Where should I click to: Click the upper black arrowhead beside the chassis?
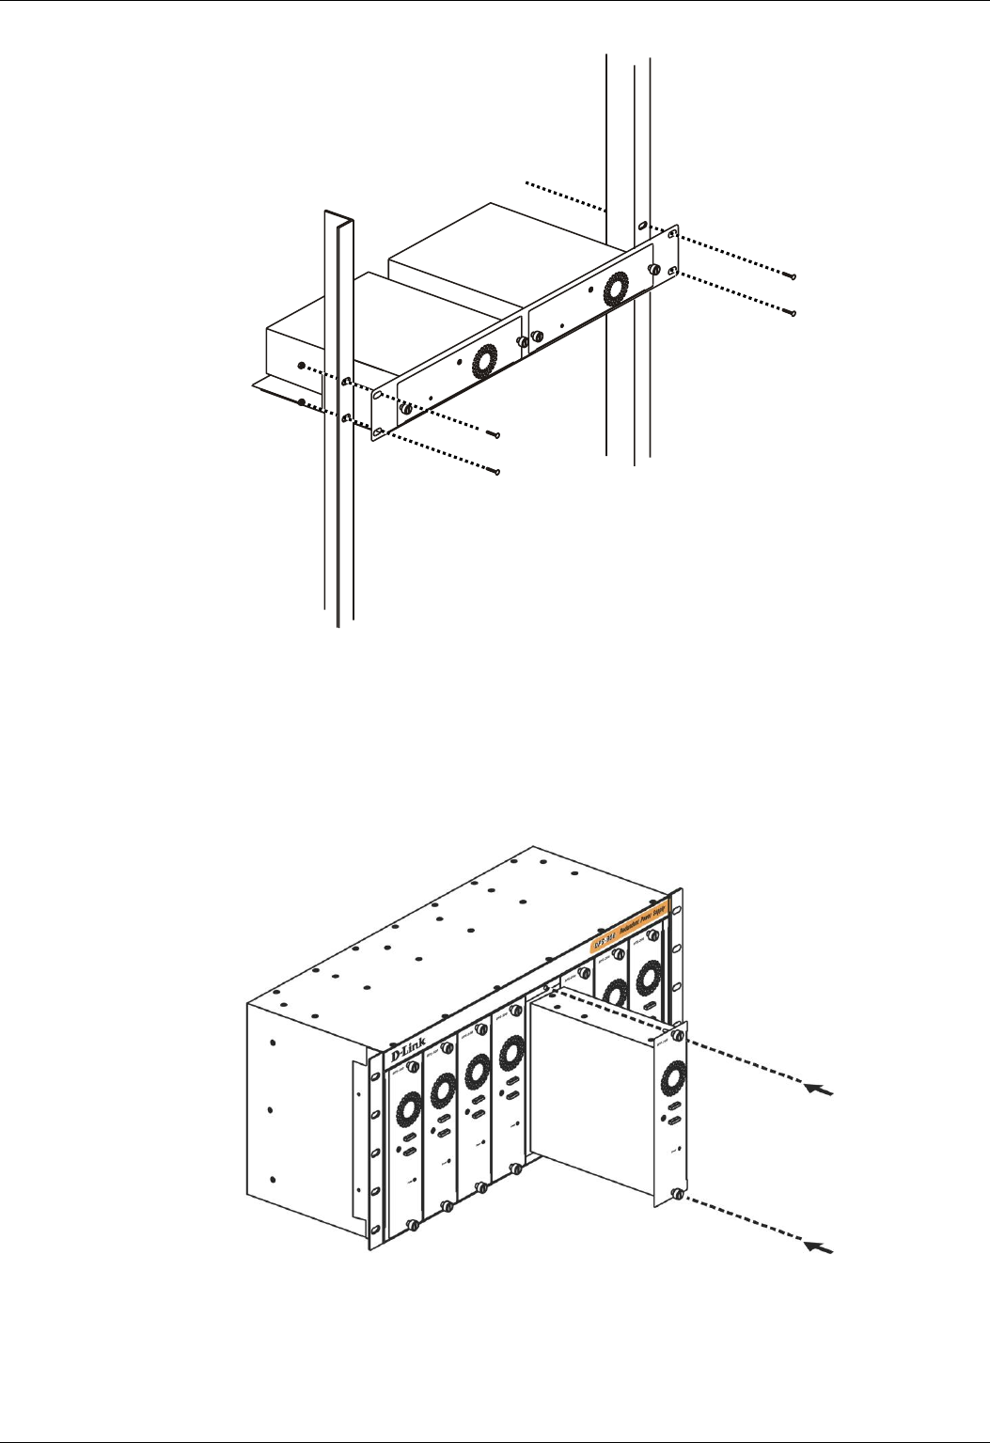pos(820,1090)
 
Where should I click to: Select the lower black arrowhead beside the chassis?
pos(820,1247)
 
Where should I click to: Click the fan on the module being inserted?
pos(673,1077)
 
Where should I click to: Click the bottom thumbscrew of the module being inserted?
pos(677,1195)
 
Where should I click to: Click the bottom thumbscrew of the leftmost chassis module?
pos(413,1226)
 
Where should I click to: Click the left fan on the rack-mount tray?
pos(484,361)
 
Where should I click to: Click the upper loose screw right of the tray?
pos(792,274)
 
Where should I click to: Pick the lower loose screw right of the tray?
pos(794,312)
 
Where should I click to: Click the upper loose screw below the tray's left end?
pos(495,434)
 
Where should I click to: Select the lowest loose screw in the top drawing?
pos(497,471)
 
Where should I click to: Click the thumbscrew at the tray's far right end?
pos(652,270)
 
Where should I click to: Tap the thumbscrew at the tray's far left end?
pos(405,409)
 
